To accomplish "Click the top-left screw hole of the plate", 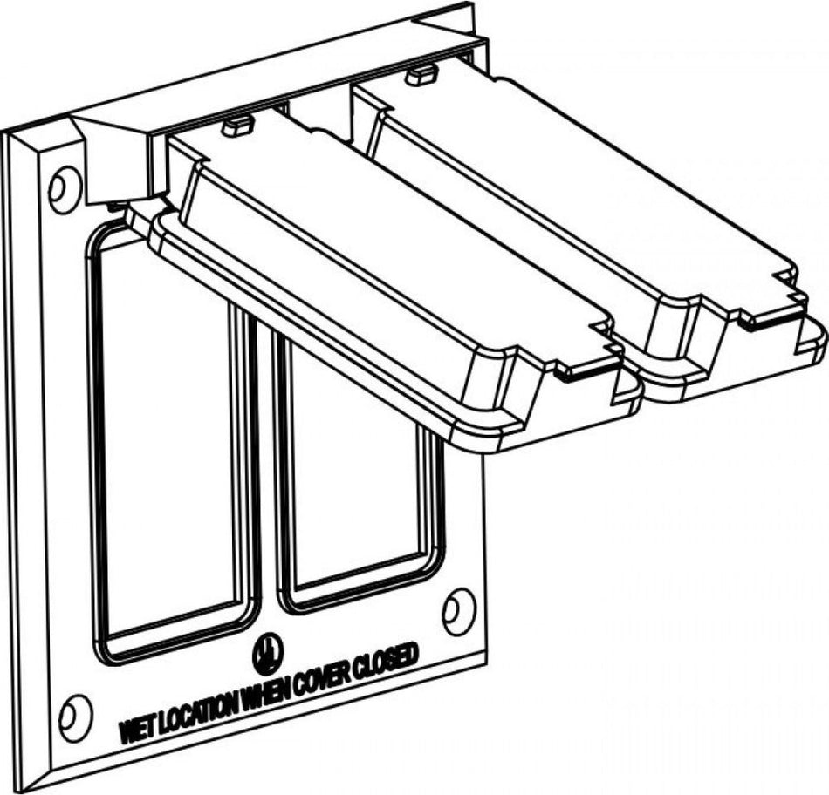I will (x=64, y=186).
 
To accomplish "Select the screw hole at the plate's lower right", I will (x=458, y=610).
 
